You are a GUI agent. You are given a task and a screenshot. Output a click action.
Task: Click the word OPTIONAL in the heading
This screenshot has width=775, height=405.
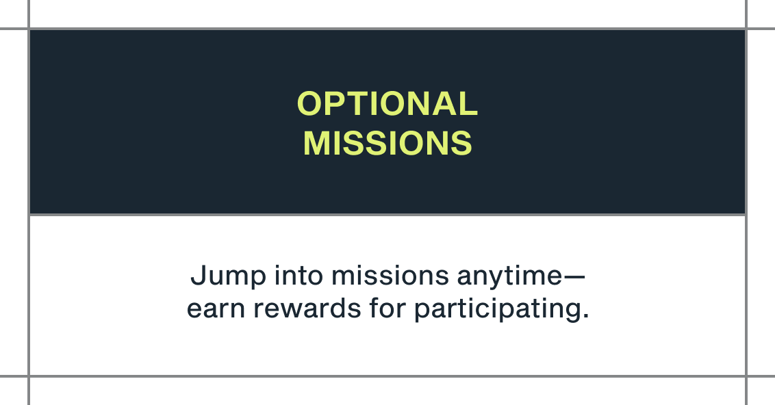[x=387, y=104]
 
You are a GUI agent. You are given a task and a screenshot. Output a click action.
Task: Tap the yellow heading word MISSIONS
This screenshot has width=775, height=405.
[x=387, y=143]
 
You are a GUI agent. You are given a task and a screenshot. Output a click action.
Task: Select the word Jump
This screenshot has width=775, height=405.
[x=229, y=276]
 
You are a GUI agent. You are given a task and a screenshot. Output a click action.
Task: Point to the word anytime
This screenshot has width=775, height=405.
[x=509, y=276]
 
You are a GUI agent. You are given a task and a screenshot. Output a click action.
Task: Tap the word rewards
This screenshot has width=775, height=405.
[x=307, y=308]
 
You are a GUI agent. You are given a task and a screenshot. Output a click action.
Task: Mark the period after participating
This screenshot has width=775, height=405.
[x=585, y=316]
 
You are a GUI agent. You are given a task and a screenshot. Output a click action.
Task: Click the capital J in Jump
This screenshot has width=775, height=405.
[x=198, y=275]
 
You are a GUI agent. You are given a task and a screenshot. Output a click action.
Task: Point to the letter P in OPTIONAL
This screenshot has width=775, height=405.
[x=337, y=104]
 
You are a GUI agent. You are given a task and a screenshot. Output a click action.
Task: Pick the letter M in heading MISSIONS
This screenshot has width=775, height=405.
[x=316, y=143]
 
